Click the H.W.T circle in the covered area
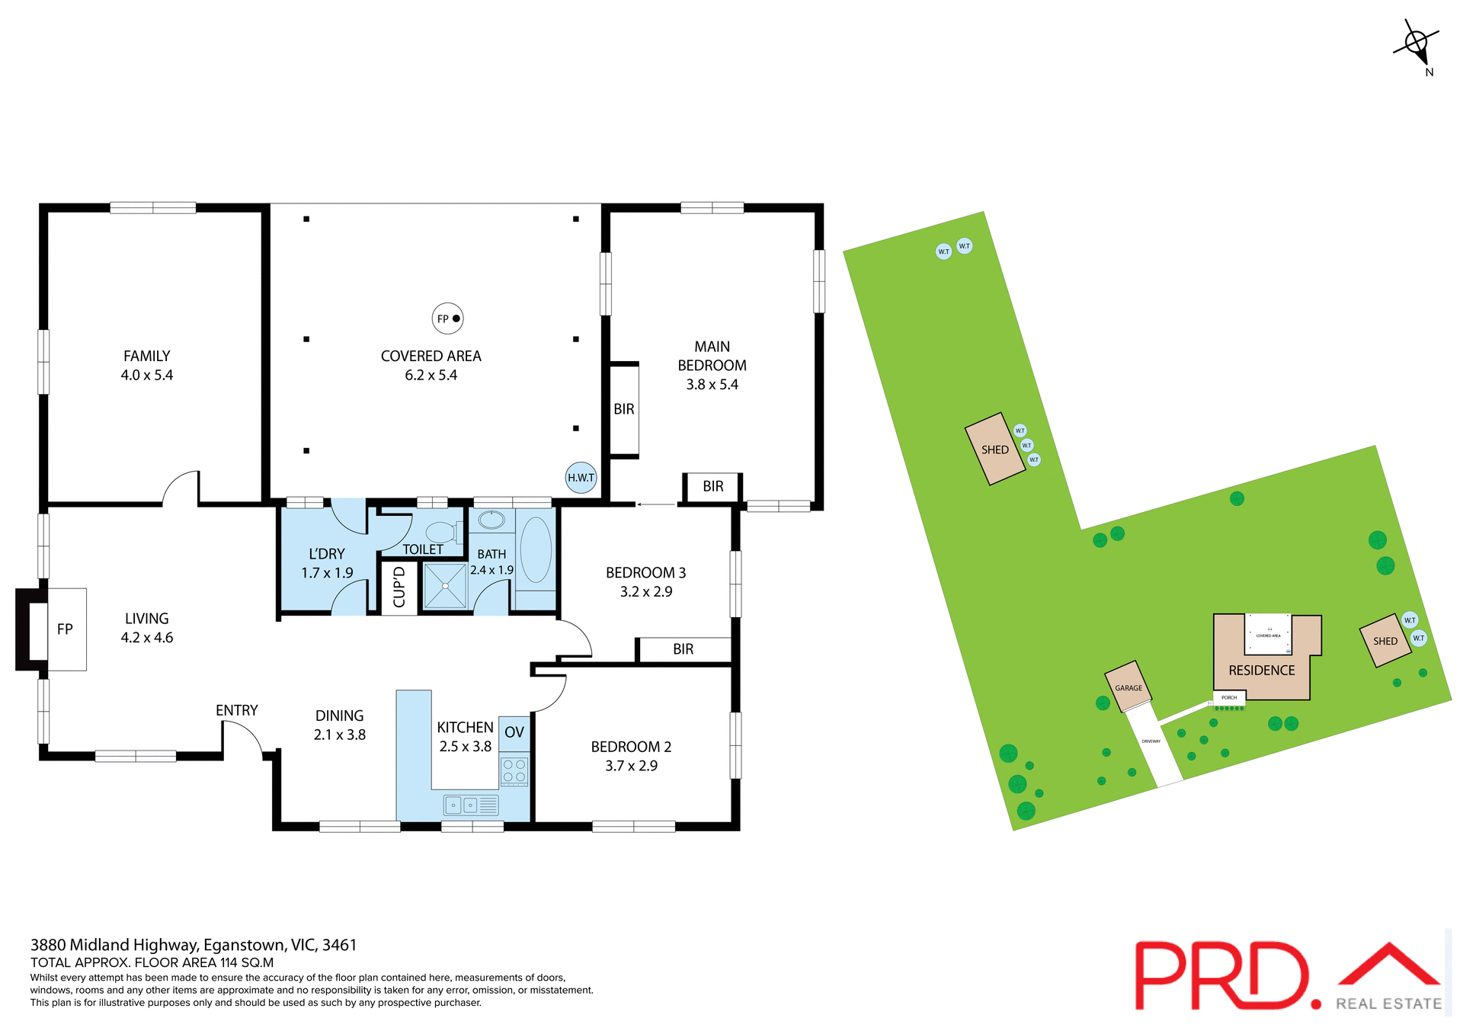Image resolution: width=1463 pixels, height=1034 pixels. [581, 478]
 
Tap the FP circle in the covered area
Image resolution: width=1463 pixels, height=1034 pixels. [447, 319]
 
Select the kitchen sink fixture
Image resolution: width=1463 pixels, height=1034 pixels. [471, 805]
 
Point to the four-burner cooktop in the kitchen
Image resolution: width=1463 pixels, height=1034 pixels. [514, 770]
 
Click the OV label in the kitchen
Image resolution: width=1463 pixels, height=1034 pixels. [514, 732]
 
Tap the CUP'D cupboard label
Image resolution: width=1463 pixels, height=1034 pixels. [399, 587]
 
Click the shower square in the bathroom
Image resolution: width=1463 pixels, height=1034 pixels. [445, 586]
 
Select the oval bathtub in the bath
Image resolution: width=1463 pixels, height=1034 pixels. [536, 550]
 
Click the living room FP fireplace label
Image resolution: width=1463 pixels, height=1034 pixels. [65, 629]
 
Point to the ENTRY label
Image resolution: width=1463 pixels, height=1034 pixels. [236, 710]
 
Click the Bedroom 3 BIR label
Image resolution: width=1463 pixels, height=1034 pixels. [683, 649]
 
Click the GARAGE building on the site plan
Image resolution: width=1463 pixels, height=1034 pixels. [1128, 687]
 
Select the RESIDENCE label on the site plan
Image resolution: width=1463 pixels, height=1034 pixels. [1261, 671]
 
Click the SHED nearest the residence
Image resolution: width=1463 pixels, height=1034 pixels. [1385, 641]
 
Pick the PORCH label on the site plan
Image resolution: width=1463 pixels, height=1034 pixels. [1229, 697]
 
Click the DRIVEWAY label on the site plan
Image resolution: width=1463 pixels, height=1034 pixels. [1151, 741]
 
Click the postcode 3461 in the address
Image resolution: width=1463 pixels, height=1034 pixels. [339, 945]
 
